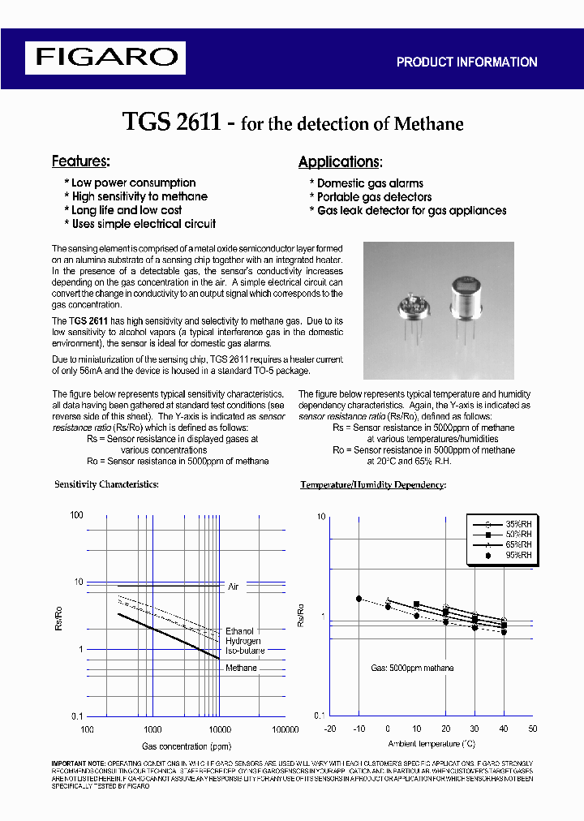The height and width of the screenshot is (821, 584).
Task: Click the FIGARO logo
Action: (105, 58)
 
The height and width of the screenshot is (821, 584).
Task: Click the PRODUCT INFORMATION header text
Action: (466, 62)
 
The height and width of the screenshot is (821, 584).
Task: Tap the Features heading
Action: (80, 161)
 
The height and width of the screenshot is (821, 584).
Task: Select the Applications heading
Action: (340, 161)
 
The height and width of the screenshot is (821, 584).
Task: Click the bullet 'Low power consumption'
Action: (132, 183)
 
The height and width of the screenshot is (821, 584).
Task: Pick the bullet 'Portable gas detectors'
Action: (373, 196)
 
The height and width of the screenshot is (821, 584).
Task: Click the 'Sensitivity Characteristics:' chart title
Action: (106, 484)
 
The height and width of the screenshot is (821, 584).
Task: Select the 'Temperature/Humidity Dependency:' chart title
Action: (373, 484)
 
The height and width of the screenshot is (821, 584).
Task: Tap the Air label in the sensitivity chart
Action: (234, 586)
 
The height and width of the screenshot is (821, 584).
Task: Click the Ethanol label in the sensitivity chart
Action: (239, 630)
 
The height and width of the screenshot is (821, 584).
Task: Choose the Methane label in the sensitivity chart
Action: (241, 668)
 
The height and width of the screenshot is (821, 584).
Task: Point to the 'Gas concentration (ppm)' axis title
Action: (187, 746)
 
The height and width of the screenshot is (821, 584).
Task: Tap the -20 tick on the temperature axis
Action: (329, 729)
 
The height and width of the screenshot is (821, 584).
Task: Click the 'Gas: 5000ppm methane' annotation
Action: (412, 668)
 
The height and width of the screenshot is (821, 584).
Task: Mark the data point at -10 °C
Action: (359, 599)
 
